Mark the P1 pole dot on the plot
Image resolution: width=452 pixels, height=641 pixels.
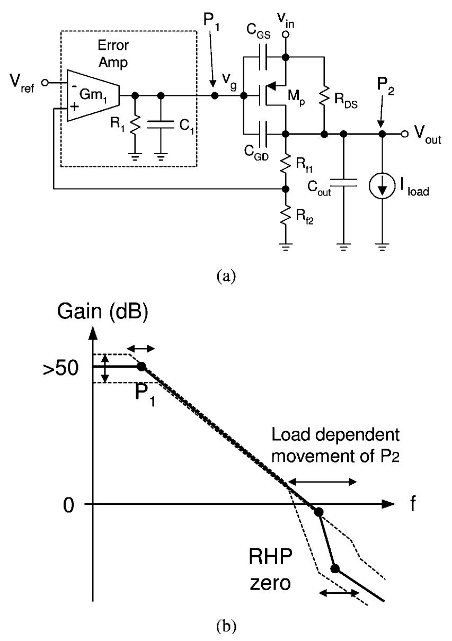pos(141,366)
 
